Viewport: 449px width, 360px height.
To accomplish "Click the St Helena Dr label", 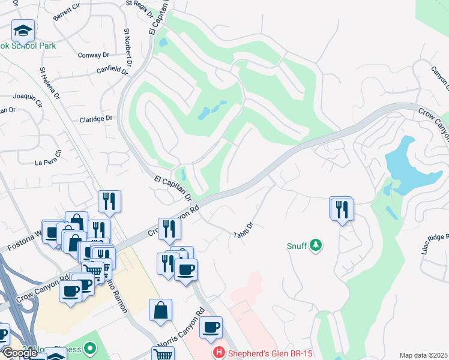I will [x=50, y=83].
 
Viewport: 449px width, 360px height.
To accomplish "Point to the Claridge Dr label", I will [x=96, y=119].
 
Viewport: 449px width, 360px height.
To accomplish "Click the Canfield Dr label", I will [x=113, y=70].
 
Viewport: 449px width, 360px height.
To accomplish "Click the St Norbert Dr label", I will [x=127, y=46].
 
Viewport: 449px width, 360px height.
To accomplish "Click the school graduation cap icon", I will [x=23, y=30].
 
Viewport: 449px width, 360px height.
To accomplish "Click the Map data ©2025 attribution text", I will [x=423, y=355].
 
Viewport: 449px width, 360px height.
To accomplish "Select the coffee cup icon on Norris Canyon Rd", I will [x=211, y=327].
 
